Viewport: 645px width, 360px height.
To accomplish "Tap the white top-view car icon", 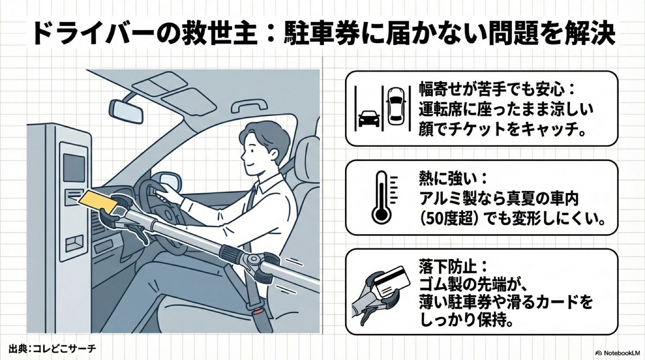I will click(396, 106).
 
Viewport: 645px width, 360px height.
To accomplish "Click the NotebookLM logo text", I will click(617, 353).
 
